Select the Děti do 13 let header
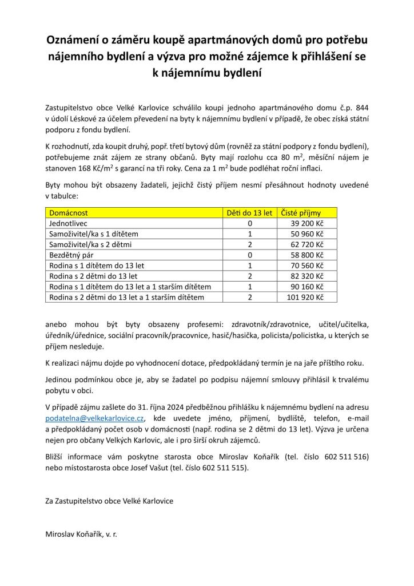(249, 213)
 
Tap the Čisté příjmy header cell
(301, 213)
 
